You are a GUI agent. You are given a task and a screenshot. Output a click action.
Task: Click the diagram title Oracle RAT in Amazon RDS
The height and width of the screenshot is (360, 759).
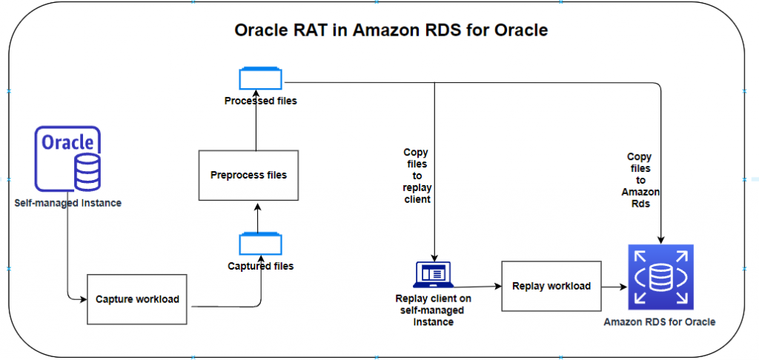pos(391,30)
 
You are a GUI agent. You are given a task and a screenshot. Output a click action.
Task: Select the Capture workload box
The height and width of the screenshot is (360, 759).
pos(137,299)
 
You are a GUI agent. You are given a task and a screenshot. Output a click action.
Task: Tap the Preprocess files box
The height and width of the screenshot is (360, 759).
pos(248,176)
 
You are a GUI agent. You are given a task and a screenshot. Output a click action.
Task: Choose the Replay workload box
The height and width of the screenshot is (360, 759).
pos(551,286)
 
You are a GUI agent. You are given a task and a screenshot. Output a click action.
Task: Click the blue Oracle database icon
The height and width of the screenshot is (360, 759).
pos(67,159)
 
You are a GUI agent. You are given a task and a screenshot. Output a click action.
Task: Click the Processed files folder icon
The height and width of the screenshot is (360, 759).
pos(260,80)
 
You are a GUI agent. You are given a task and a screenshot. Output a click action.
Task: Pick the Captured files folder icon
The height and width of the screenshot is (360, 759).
pos(260,244)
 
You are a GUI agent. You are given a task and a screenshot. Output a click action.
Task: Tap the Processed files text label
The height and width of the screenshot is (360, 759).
pos(260,101)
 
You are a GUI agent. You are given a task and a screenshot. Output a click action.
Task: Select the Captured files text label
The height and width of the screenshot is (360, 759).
pos(260,266)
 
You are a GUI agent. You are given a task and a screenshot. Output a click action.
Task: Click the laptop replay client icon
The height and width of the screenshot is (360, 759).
pos(434,274)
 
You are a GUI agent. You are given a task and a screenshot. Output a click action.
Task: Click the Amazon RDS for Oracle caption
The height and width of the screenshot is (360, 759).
pos(660,322)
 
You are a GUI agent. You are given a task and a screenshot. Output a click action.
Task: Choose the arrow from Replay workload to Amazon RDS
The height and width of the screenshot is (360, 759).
pos(613,286)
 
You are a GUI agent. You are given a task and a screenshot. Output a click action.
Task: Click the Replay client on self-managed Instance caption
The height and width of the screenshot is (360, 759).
pos(434,310)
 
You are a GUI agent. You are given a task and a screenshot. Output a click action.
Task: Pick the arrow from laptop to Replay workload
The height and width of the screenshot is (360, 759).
pos(478,286)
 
